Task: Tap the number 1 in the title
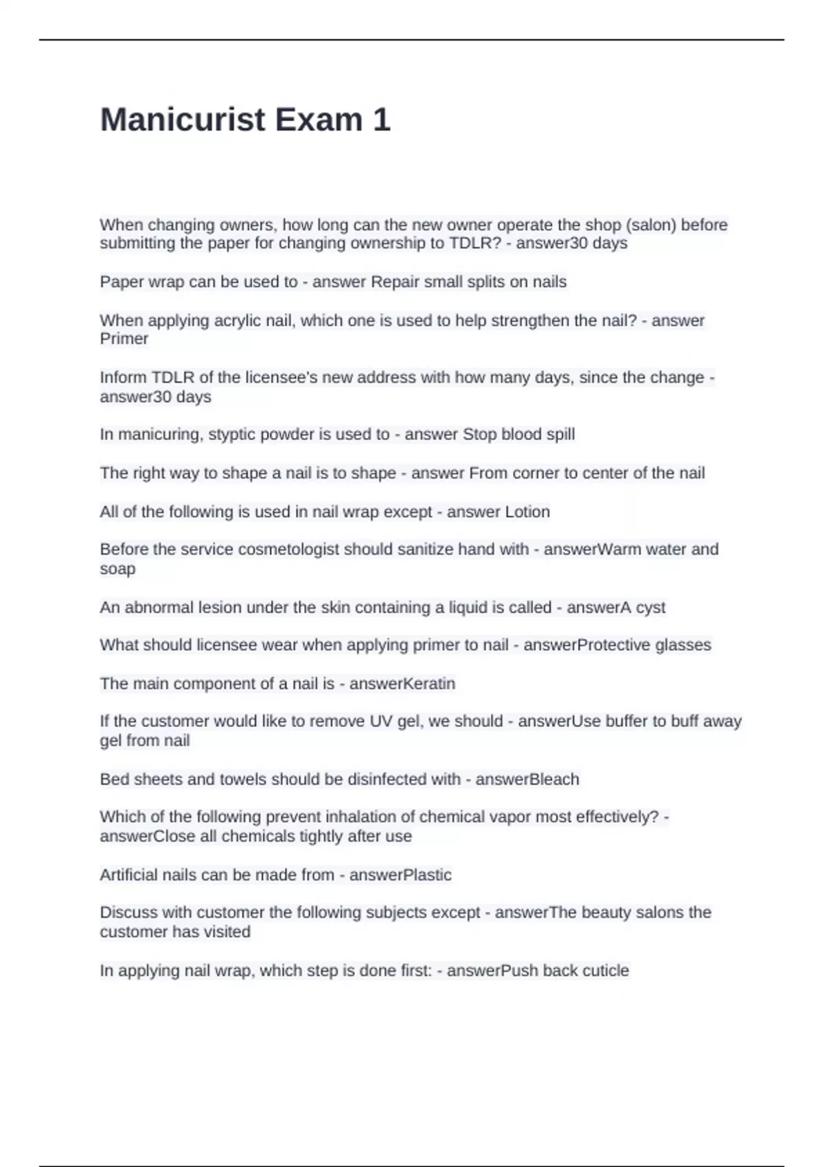tap(382, 119)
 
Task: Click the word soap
tap(117, 568)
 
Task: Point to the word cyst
tap(650, 607)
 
